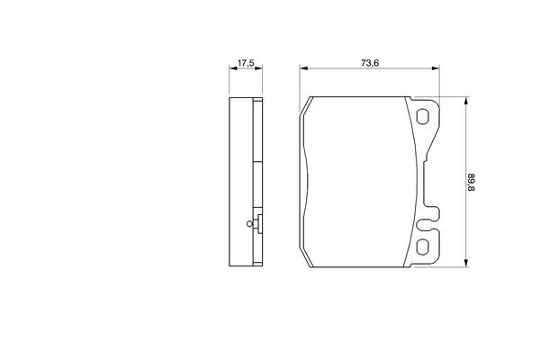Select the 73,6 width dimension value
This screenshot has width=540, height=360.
pyautogui.click(x=369, y=62)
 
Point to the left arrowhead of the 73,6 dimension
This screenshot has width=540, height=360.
pyautogui.click(x=303, y=69)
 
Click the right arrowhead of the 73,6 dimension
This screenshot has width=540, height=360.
pyautogui.click(x=436, y=69)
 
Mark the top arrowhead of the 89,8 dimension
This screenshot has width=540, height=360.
pyautogui.click(x=464, y=101)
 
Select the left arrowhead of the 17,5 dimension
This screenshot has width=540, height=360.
pyautogui.click(x=232, y=69)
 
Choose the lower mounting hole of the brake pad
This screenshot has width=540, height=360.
pyautogui.click(x=424, y=247)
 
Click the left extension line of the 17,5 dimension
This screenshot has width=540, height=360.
pyautogui.click(x=229, y=81)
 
